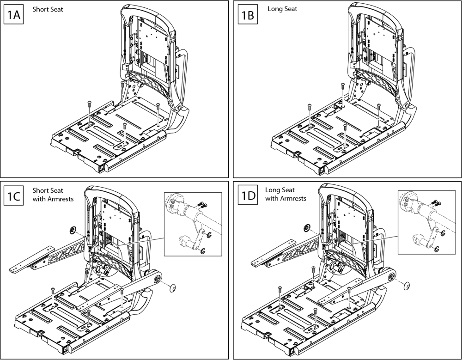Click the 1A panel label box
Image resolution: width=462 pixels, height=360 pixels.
point(14,17)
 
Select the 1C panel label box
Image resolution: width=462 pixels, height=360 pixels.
point(14,196)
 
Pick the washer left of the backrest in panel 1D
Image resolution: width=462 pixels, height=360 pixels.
point(306,228)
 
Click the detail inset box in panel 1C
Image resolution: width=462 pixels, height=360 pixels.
point(193,224)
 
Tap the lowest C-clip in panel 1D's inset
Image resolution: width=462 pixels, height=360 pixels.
point(436,250)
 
